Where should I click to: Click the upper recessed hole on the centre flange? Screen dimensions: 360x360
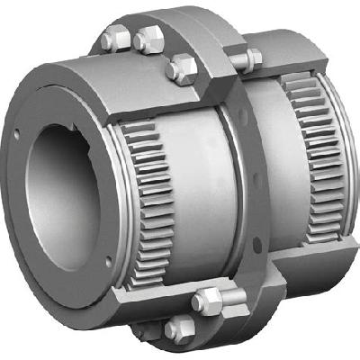[x=235, y=112]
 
